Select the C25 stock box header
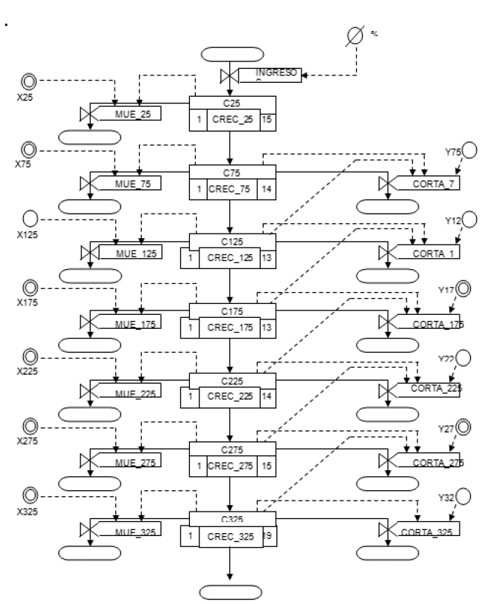233,103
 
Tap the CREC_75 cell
231,189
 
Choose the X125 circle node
30,220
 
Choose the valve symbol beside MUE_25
89,115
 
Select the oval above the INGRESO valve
232,54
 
